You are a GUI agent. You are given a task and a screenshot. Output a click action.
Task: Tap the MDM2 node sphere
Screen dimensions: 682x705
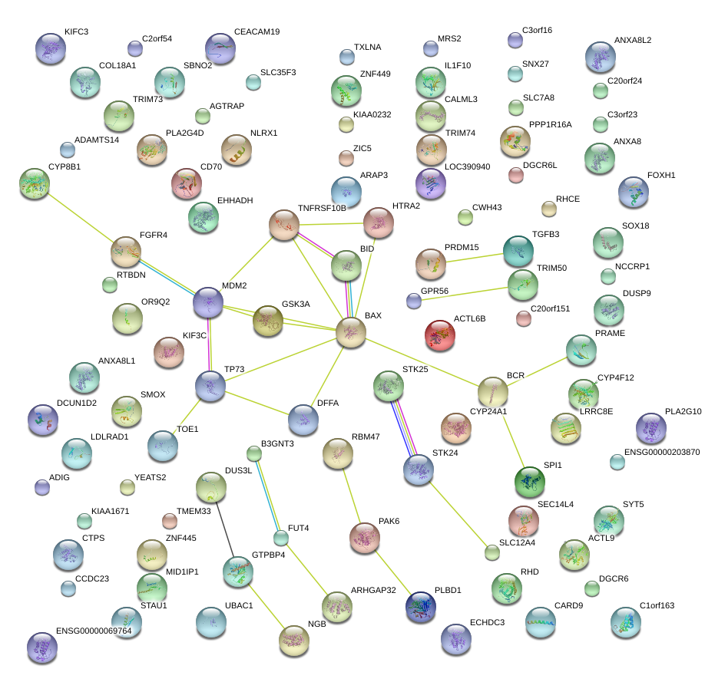coord(208,303)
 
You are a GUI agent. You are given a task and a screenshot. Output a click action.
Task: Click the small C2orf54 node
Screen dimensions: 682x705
coord(135,49)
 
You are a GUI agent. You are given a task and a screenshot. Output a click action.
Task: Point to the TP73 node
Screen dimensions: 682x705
coord(210,387)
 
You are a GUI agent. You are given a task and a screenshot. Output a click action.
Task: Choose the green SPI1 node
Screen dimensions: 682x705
coord(529,482)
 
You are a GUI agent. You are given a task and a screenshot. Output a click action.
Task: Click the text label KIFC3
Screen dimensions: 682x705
coord(77,32)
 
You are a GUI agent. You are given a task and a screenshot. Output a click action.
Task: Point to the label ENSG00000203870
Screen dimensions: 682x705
coord(662,453)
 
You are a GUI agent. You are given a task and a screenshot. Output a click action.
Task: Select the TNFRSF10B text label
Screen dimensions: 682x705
coord(322,209)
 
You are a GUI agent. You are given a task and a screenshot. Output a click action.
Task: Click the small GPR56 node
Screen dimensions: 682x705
coord(414,301)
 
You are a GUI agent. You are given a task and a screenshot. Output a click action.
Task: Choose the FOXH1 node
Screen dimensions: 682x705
coord(634,193)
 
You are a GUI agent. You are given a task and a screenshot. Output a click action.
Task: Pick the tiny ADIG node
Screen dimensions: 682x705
coord(42,486)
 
